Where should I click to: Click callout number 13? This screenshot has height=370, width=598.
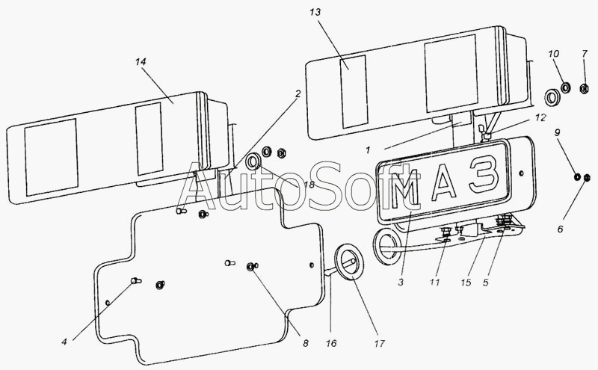click(x=315, y=13)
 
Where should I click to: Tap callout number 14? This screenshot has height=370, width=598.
click(x=141, y=62)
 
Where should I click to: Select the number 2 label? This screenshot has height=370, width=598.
click(x=298, y=93)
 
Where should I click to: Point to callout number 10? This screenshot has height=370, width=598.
click(x=553, y=54)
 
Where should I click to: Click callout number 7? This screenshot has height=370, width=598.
click(x=585, y=54)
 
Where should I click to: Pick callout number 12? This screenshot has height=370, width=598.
click(x=540, y=118)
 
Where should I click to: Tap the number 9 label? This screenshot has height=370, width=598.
click(x=557, y=133)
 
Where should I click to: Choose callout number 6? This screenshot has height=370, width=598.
click(x=560, y=229)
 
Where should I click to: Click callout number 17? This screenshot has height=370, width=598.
click(x=379, y=344)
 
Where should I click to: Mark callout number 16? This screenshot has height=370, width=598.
click(x=331, y=343)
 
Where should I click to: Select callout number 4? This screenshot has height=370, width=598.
click(x=64, y=342)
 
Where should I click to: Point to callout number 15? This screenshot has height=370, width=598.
click(x=466, y=283)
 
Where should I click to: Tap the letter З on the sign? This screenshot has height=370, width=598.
click(x=484, y=175)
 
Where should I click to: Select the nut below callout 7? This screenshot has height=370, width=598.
click(x=584, y=89)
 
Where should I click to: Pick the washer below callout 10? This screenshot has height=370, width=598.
click(x=565, y=88)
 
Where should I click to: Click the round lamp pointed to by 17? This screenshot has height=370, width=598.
click(x=350, y=262)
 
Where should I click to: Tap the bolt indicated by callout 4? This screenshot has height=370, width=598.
click(x=136, y=281)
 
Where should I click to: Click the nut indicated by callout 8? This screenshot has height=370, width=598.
click(x=250, y=267)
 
